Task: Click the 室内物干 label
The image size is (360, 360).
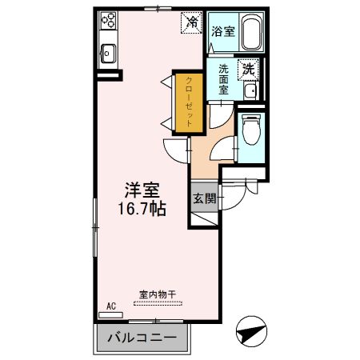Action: point(157,294)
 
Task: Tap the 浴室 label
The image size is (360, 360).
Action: point(223,32)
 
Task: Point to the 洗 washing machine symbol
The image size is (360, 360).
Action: point(249,70)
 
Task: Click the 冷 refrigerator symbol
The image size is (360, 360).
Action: point(192,22)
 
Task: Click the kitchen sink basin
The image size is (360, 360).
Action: point(108,54)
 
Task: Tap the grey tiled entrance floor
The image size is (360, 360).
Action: point(203,214)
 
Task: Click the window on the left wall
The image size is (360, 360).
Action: point(94,228)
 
